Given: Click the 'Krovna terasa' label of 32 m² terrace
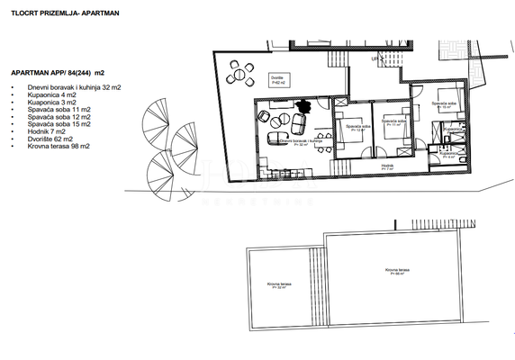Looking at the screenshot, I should pyautogui.click(x=278, y=285).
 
